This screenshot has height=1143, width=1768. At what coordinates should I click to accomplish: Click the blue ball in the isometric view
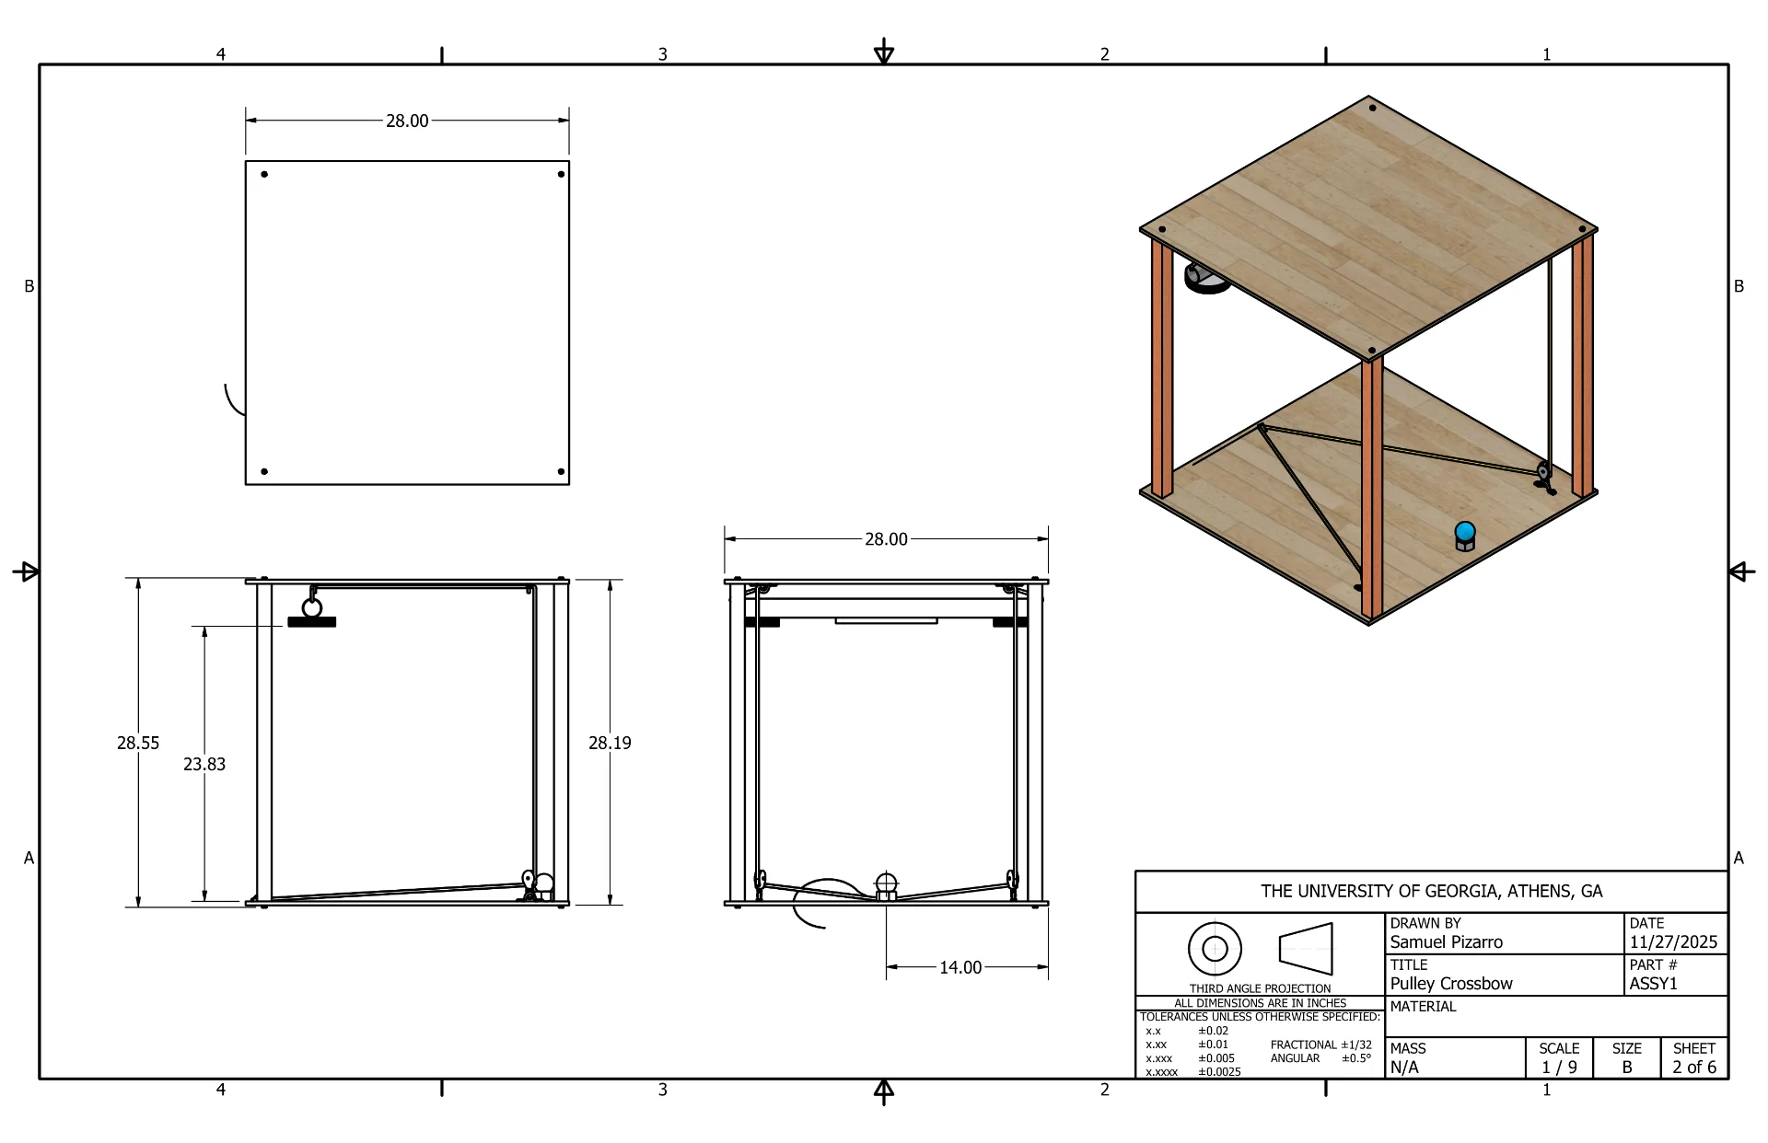(1464, 532)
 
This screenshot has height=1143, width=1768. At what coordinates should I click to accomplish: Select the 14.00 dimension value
(960, 967)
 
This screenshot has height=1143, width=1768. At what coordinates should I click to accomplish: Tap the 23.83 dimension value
(204, 764)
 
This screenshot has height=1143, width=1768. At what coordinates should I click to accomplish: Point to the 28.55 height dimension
(138, 743)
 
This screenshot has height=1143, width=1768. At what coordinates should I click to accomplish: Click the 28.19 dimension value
(610, 743)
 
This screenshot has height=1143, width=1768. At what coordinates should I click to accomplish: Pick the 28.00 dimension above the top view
(407, 121)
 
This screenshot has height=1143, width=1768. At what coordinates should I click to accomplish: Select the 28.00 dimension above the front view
(886, 539)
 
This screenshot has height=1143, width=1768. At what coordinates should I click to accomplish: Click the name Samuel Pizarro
(1446, 942)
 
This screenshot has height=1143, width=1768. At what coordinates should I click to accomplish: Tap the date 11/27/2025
(1673, 942)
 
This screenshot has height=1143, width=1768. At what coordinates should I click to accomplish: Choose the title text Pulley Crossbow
(1451, 984)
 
